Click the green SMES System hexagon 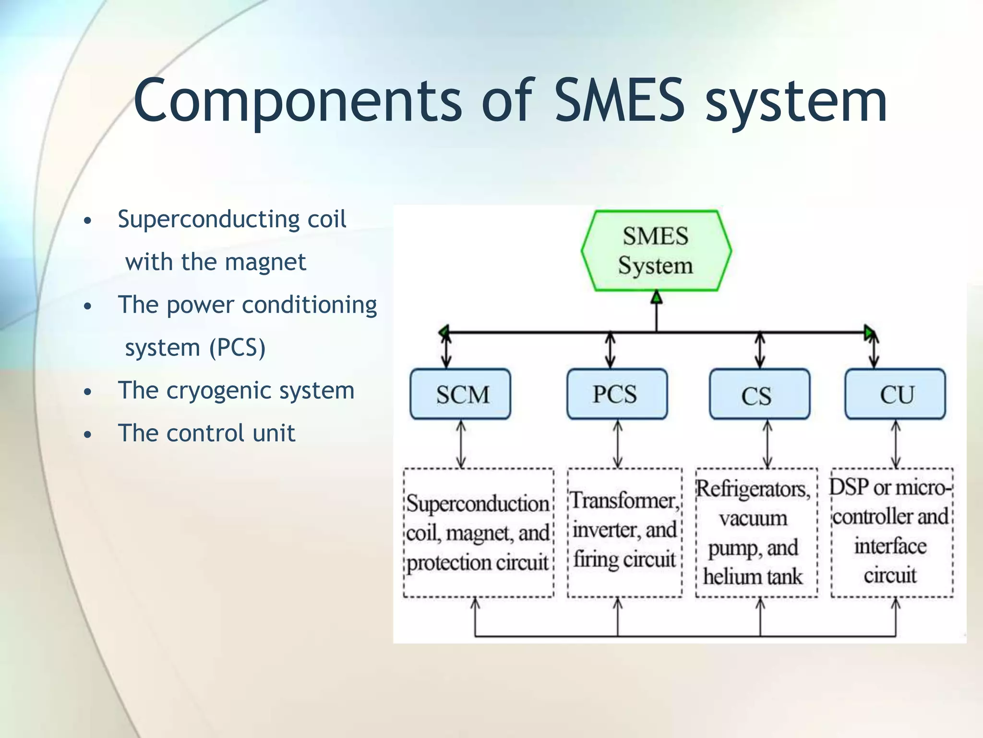point(656,250)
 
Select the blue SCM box point(460,394)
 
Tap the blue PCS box point(617,394)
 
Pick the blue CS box point(759,394)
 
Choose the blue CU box point(895,394)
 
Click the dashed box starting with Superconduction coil point(479,533)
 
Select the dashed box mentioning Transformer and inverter point(624,533)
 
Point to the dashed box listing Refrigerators point(756,533)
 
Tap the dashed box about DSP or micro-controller point(892,533)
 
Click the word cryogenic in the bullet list point(218,391)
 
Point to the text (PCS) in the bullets point(237,348)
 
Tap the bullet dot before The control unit point(87,435)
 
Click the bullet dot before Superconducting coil point(87,221)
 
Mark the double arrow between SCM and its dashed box point(461,444)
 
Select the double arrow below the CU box point(896,444)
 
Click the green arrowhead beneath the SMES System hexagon point(657,297)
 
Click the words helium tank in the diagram point(753,577)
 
